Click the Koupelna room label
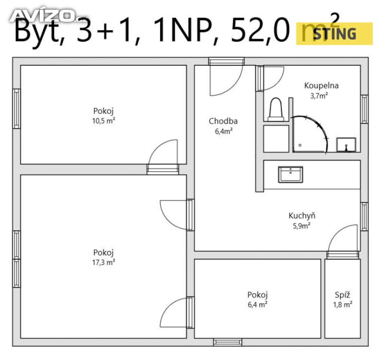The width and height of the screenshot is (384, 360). pyautogui.click(x=321, y=86)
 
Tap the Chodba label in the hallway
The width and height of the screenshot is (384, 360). pyautogui.click(x=223, y=121)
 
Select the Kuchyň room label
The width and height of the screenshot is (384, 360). pyautogui.click(x=302, y=216)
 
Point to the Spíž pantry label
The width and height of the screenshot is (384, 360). pyautogui.click(x=342, y=295)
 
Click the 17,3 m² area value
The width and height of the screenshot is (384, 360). pyautogui.click(x=103, y=262)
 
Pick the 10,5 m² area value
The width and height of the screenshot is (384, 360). pyautogui.click(x=103, y=121)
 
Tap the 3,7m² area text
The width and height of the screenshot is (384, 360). pyautogui.click(x=319, y=96)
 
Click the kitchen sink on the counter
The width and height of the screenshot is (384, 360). pyautogui.click(x=291, y=174)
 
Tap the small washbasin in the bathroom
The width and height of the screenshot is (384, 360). pyautogui.click(x=346, y=145)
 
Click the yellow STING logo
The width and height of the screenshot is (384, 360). pyautogui.click(x=334, y=33)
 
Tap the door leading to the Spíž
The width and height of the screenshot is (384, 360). pyautogui.click(x=342, y=239)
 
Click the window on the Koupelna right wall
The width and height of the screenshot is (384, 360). pyautogui.click(x=364, y=109)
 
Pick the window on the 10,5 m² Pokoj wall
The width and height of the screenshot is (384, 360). pyautogui.click(x=16, y=108)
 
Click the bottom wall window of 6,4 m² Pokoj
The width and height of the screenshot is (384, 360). pyautogui.click(x=228, y=342)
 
